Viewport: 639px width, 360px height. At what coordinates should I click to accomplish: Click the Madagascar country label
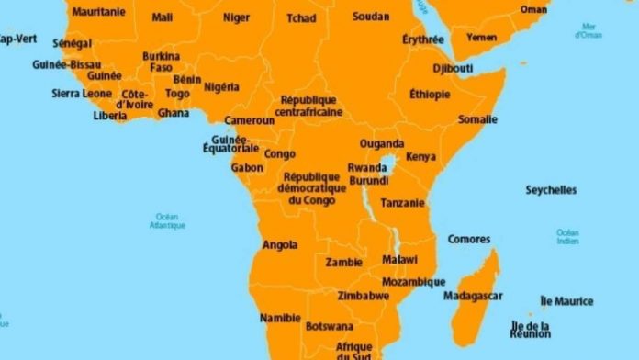point(473,296)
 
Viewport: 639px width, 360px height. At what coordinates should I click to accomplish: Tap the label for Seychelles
point(551,190)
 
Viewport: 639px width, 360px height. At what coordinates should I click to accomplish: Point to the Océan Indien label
point(567,236)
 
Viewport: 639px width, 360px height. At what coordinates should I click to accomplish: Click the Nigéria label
point(221,87)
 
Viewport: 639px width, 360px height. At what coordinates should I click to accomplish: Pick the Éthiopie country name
point(430,94)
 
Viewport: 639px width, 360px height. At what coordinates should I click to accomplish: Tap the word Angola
point(280,244)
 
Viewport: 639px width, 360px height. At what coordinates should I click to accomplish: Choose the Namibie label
point(280,318)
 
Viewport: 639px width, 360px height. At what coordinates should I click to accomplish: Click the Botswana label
point(330,326)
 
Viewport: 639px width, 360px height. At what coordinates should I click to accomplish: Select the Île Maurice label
point(566,301)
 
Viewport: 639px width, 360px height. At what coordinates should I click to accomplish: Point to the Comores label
point(469,240)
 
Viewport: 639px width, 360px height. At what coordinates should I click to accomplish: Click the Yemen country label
point(481,38)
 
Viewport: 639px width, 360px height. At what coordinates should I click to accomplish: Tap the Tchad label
point(301,17)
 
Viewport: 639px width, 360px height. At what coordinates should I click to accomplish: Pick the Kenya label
point(421,156)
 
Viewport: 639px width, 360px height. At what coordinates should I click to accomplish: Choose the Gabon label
point(247,168)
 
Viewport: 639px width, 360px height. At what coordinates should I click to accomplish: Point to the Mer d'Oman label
point(589,31)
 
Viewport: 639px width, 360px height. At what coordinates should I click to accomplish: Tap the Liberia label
point(110,116)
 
